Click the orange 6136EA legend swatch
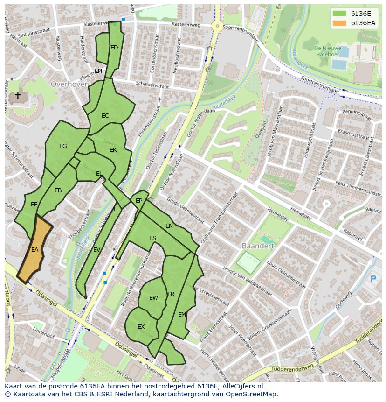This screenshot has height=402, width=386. [340, 23]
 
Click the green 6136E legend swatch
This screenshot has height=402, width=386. [340, 13]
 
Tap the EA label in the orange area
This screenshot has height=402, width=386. [34, 250]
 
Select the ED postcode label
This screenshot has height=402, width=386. [114, 48]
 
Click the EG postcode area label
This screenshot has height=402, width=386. [63, 146]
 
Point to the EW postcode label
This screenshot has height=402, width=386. [153, 298]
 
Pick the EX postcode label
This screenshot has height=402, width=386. [141, 327]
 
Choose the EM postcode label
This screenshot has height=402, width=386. [182, 315]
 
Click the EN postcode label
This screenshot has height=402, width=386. [169, 226]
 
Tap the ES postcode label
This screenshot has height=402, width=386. [152, 238]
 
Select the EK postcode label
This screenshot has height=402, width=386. [113, 150]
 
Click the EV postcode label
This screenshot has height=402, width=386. [96, 250]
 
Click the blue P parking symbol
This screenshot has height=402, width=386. [372, 279]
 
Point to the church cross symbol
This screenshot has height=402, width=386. [18, 96]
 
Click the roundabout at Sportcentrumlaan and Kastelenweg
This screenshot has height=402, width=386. [217, 26]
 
